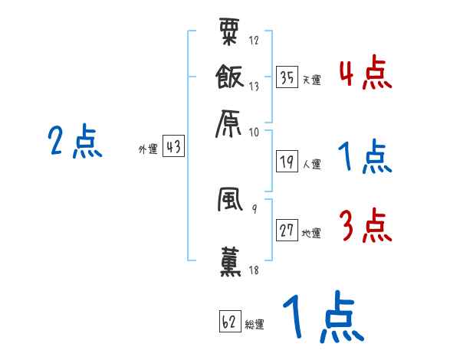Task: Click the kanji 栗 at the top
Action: click(x=232, y=34)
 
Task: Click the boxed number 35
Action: click(x=287, y=77)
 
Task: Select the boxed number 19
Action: click(x=287, y=162)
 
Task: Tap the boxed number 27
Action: click(x=287, y=231)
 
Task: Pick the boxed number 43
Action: click(x=173, y=147)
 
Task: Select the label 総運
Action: click(x=255, y=323)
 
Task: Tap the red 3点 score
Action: click(x=365, y=227)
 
